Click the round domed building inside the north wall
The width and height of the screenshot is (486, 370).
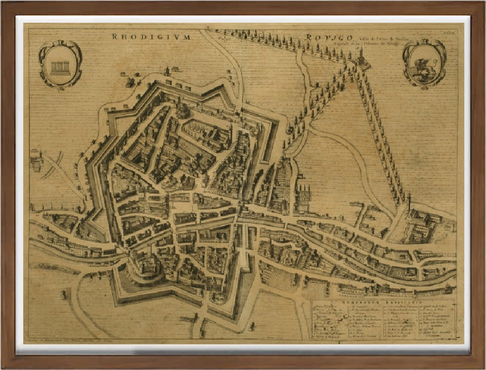pyautogui.click(x=182, y=109)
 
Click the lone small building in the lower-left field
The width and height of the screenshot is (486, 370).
pyautogui.click(x=64, y=295)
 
